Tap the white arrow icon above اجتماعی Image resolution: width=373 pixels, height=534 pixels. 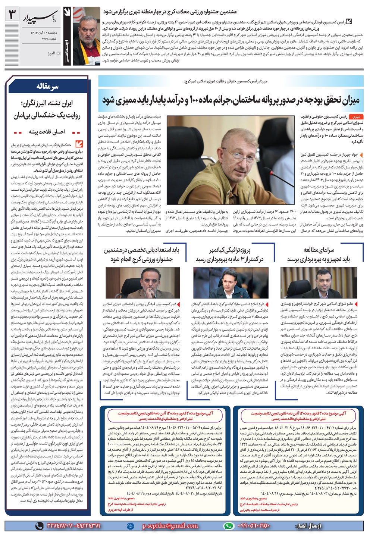67,13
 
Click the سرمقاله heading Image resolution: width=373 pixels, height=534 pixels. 47,87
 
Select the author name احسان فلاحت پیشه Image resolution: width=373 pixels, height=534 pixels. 47,132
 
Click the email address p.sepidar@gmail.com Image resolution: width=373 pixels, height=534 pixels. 170,526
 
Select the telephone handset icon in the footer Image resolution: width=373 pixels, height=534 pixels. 39,526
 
